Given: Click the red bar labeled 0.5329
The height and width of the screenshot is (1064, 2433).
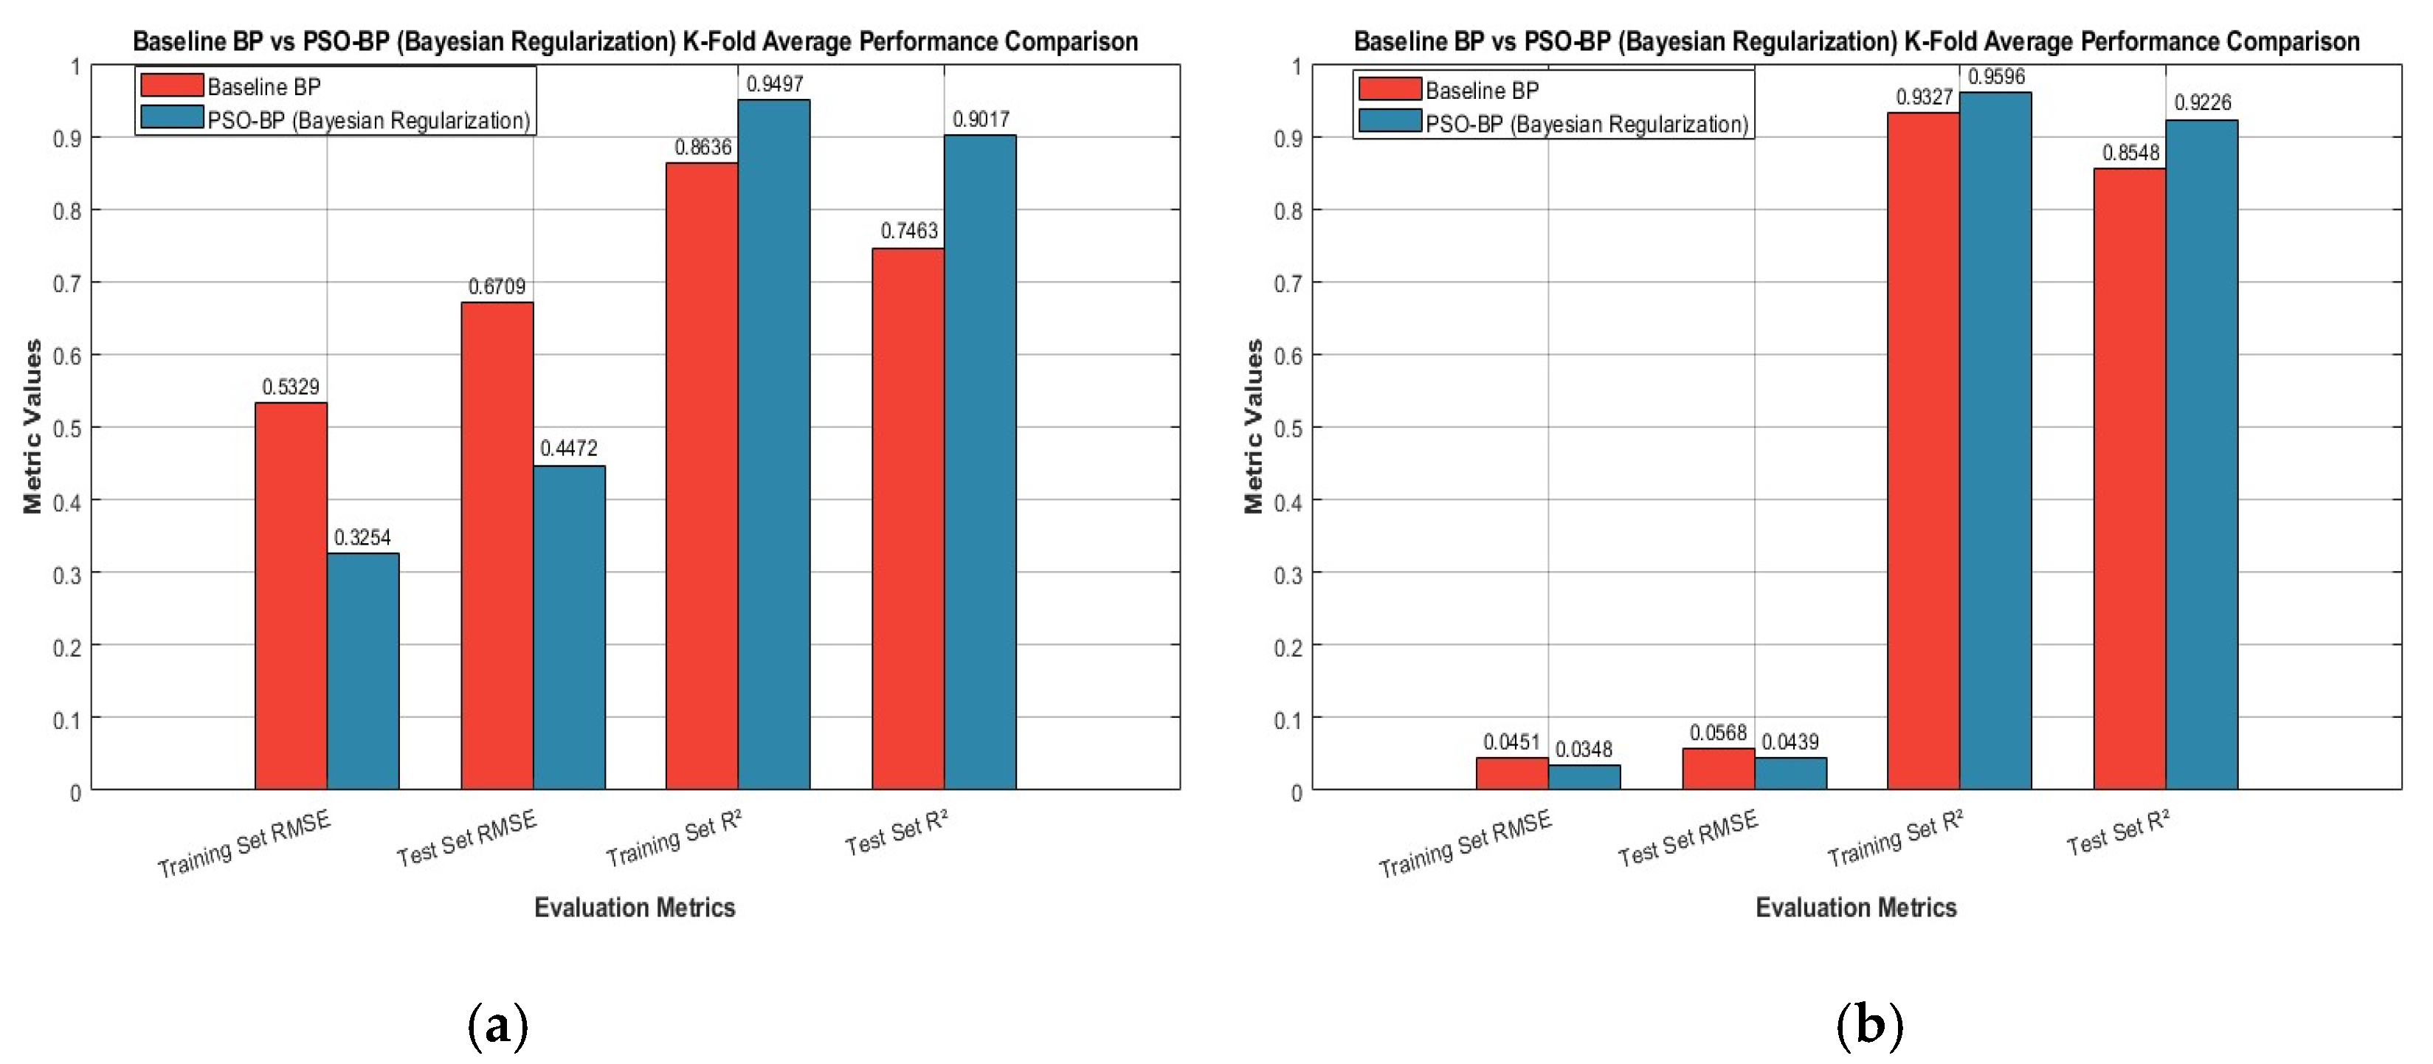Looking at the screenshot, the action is tap(291, 595).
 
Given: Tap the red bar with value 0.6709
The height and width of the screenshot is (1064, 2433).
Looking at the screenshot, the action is tap(497, 546).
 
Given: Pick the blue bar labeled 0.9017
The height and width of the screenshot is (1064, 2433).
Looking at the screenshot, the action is tap(981, 462).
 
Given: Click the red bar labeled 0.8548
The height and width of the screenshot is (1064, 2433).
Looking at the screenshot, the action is tap(2130, 479).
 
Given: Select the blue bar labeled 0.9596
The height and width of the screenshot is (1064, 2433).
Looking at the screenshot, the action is tap(1995, 441).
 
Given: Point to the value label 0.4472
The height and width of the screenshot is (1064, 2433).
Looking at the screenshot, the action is tap(568, 449).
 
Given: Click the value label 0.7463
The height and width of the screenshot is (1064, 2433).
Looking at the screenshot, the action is tap(908, 231).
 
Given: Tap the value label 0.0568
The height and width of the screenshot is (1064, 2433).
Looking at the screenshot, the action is tap(1718, 733).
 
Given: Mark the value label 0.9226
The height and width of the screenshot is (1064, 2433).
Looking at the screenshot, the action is tap(2203, 103).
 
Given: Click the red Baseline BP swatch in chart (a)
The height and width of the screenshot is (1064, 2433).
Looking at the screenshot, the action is tap(172, 85).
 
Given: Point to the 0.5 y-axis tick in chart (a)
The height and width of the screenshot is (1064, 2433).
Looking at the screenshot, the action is tap(67, 429).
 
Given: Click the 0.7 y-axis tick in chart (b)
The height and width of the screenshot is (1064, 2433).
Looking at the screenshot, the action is tap(1288, 284).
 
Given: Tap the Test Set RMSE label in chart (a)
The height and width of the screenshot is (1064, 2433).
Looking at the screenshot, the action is tap(466, 837).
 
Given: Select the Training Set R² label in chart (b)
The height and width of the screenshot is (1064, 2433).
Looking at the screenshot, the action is tap(1896, 837).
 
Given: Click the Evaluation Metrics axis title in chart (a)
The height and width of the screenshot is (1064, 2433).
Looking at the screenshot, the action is tap(635, 908).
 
